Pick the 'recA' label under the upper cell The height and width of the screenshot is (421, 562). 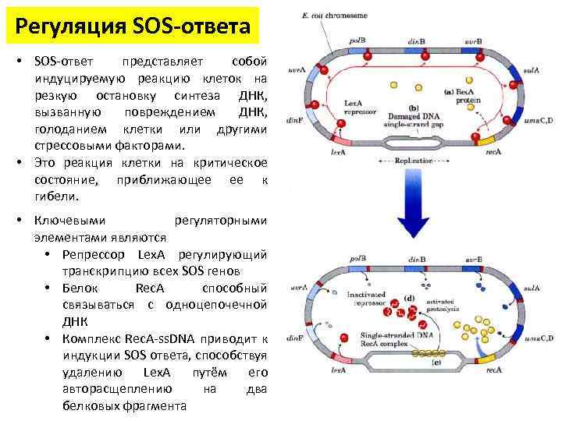pyautogui.click(x=493, y=153)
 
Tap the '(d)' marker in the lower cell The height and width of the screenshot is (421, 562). pyautogui.click(x=409, y=299)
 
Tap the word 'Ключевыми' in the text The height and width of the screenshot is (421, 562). pyautogui.click(x=66, y=221)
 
